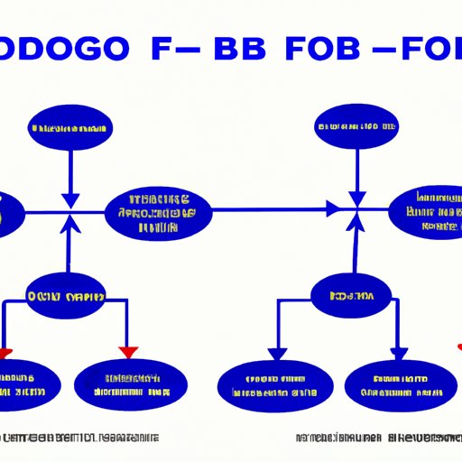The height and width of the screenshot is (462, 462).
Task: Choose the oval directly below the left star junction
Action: [65, 296]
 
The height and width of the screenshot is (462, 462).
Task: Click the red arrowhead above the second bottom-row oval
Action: [127, 350]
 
